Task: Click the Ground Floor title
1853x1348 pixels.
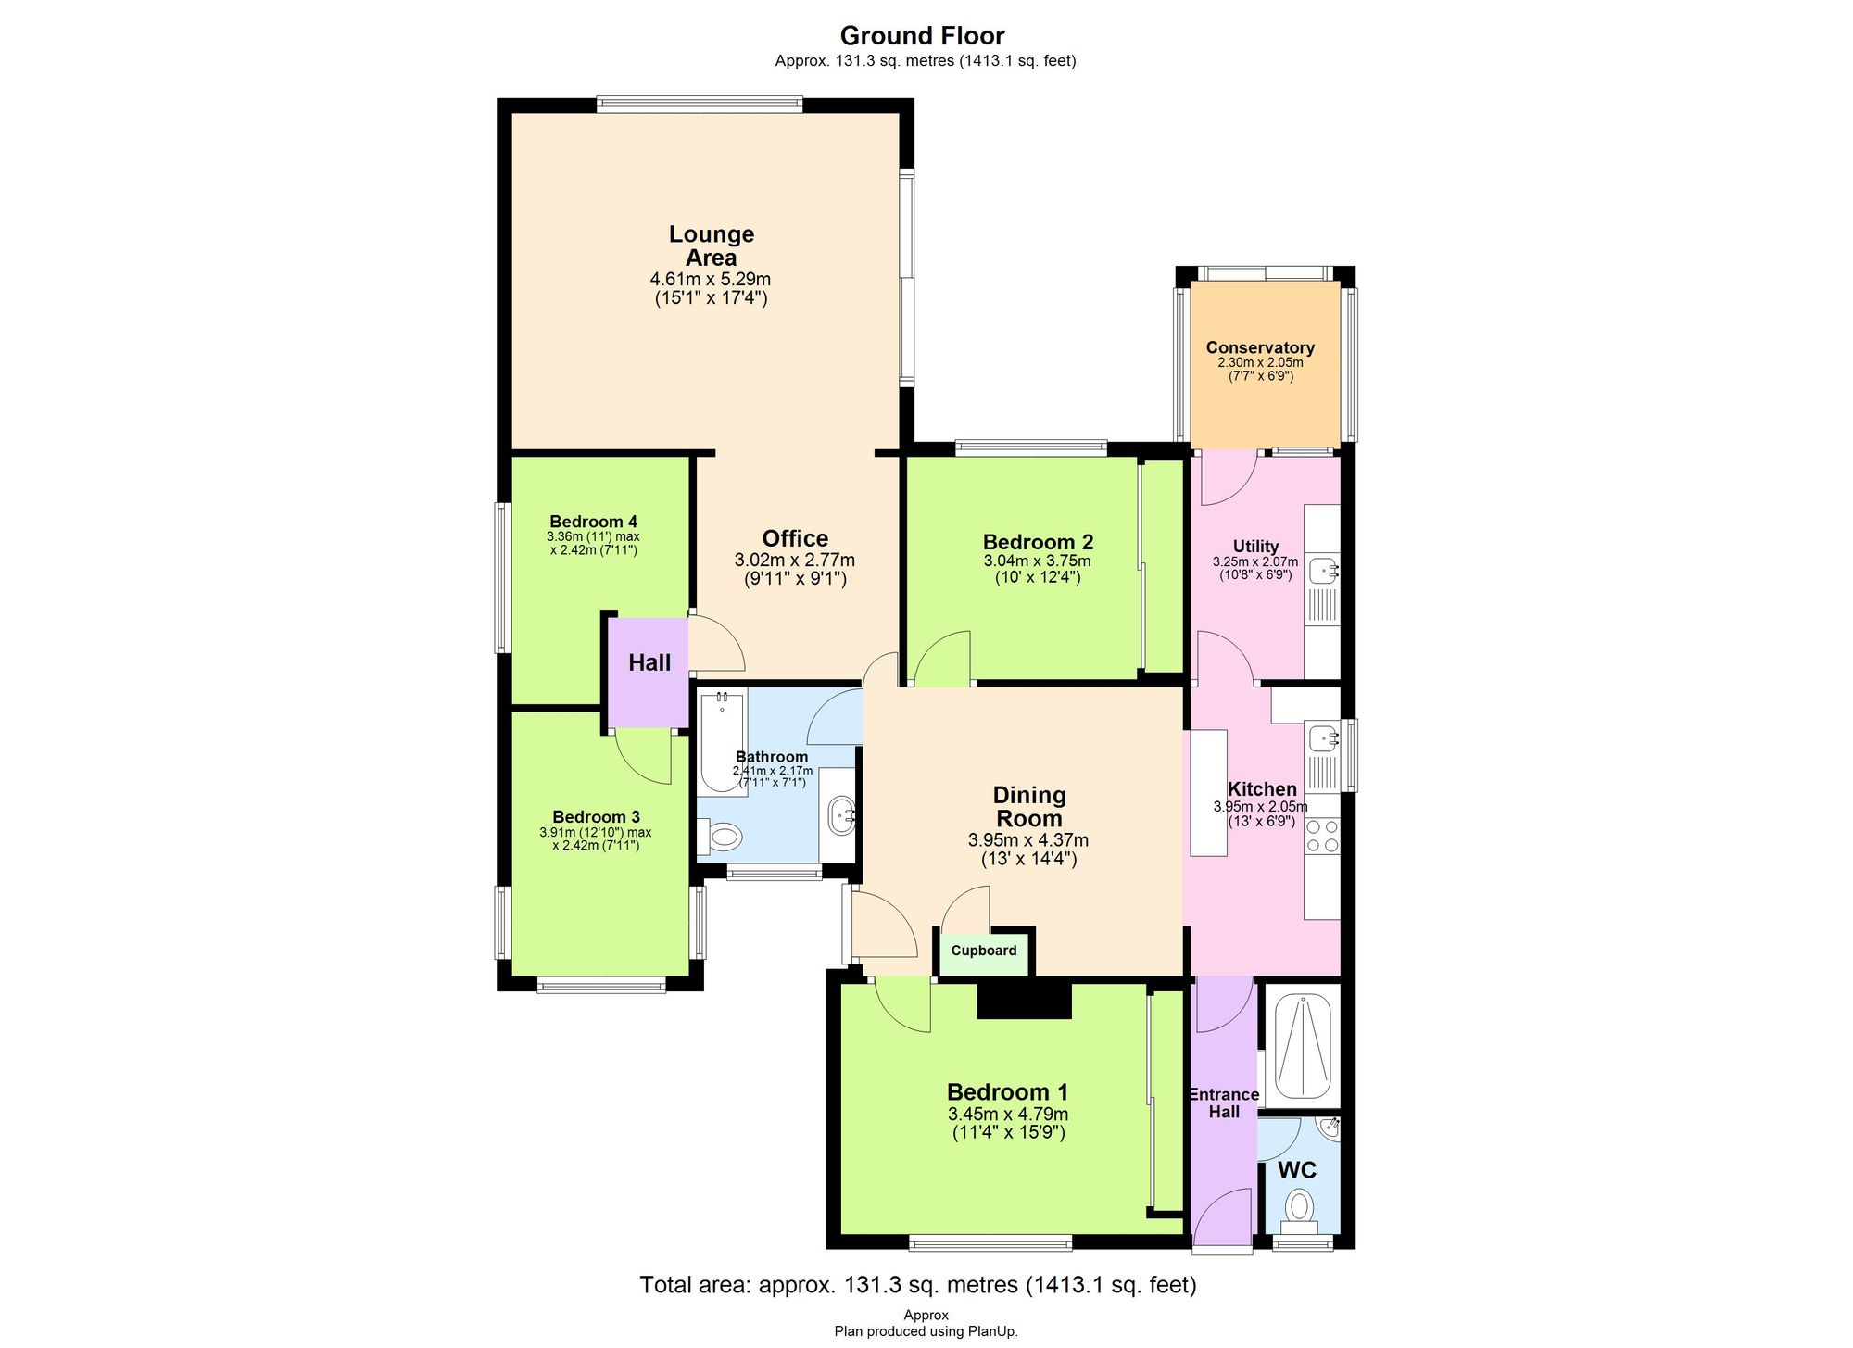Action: (x=922, y=36)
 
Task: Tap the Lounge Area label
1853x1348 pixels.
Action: (x=712, y=246)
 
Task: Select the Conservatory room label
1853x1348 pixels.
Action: (x=1260, y=347)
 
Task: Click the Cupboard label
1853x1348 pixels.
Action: (x=983, y=951)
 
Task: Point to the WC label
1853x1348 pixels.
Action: (x=1296, y=1170)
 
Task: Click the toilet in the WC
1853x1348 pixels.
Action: (x=1300, y=1207)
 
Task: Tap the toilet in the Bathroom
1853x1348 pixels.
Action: (x=721, y=838)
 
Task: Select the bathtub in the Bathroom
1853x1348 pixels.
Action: (x=723, y=741)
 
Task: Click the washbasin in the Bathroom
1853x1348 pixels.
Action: (x=842, y=816)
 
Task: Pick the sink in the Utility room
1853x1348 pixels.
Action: (x=1322, y=571)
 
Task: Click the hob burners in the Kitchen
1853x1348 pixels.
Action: (x=1322, y=835)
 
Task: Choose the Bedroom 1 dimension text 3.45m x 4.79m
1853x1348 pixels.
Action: (x=1007, y=1114)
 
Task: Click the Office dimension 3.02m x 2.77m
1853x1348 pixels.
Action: (x=794, y=560)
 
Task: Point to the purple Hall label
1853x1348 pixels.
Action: (x=649, y=662)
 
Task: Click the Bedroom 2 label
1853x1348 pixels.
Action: (x=1038, y=542)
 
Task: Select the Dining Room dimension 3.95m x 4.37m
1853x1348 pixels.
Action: (x=1028, y=840)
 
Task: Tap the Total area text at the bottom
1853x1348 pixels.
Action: (x=917, y=1285)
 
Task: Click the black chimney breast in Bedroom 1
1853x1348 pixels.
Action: (x=1024, y=1001)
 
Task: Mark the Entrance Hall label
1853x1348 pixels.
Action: (x=1223, y=1102)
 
